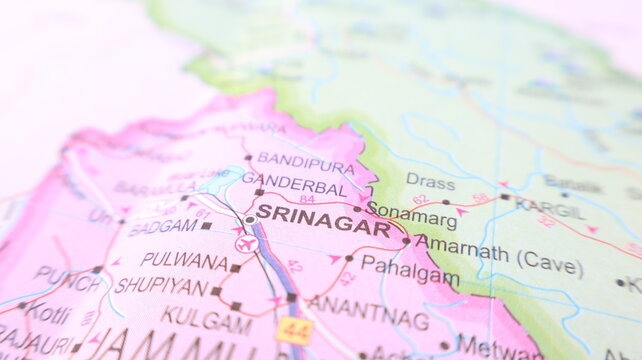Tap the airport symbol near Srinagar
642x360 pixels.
click(x=245, y=243)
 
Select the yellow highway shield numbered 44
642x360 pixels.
click(x=294, y=328)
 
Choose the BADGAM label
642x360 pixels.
click(x=163, y=227)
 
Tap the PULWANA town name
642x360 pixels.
click(x=184, y=260)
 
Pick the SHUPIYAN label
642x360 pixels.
click(x=161, y=285)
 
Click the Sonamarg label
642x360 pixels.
click(x=412, y=212)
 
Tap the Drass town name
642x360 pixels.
click(x=430, y=181)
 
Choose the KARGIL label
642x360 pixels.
click(x=549, y=209)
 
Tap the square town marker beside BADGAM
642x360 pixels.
click(x=206, y=226)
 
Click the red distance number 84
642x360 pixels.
click(x=307, y=199)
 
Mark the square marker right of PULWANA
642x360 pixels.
click(x=235, y=268)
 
